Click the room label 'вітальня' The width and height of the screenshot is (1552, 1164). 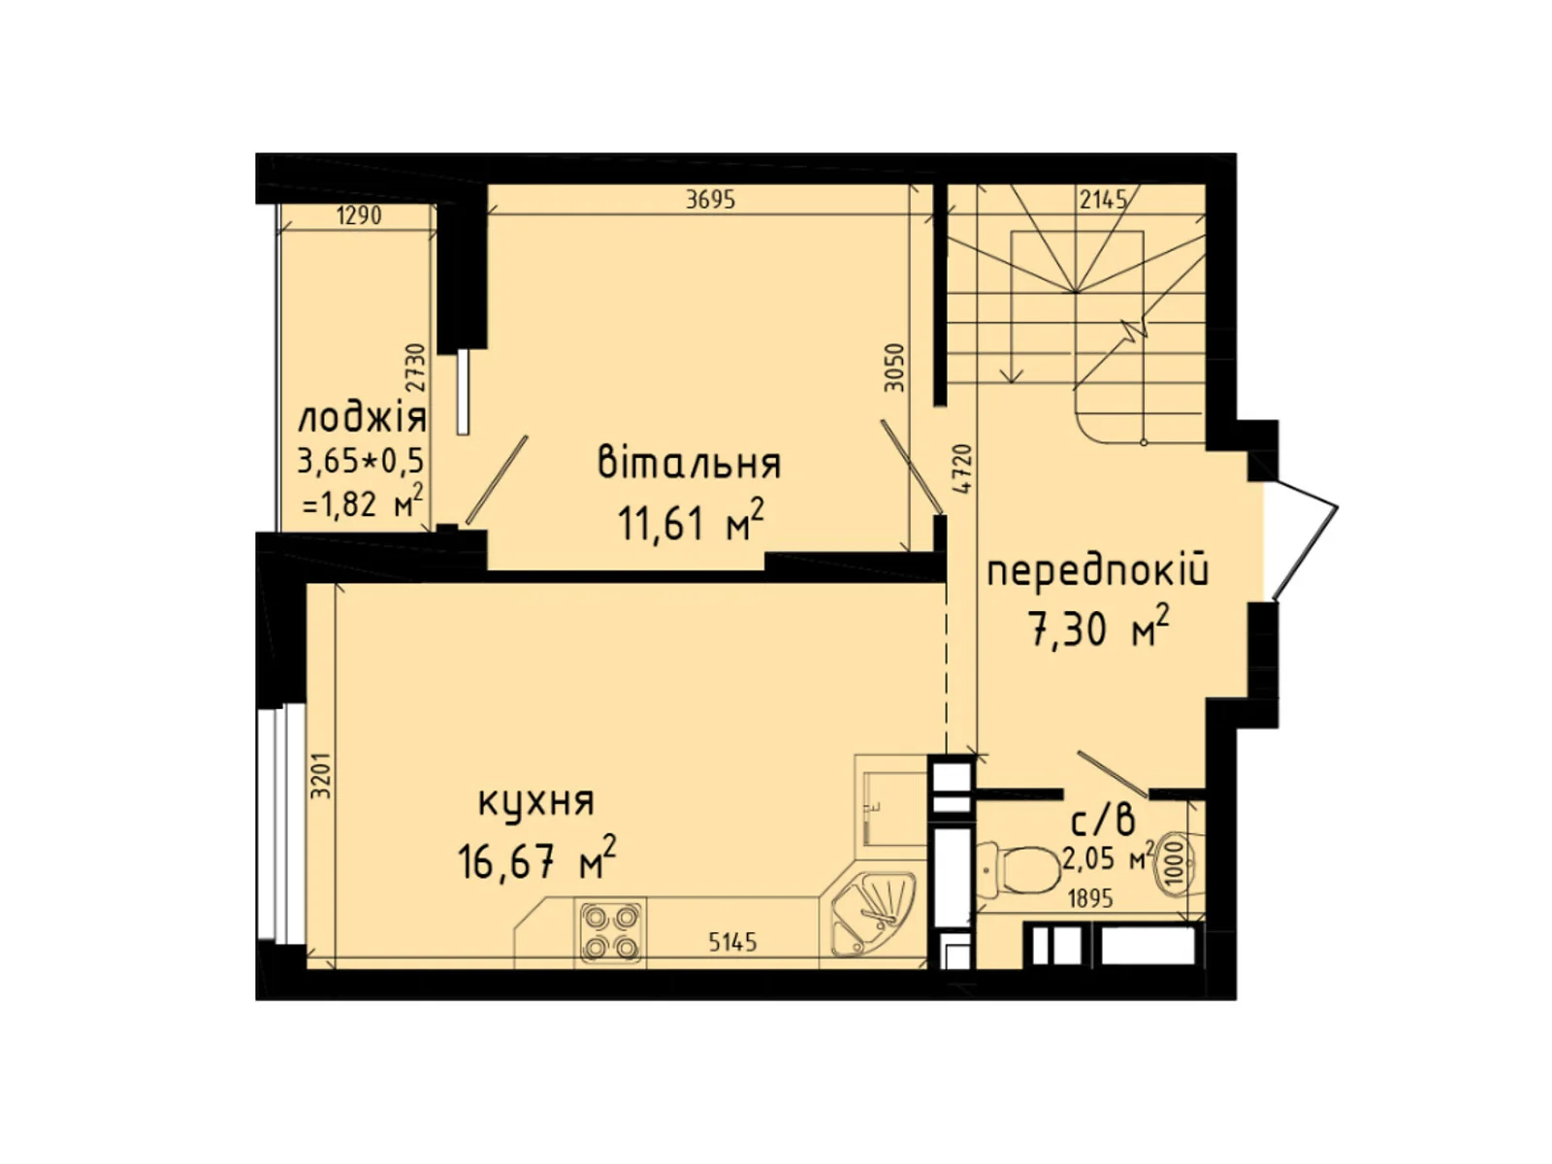pos(689,464)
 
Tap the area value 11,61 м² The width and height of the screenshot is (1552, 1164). pos(690,524)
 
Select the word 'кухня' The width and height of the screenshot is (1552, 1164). pos(535,802)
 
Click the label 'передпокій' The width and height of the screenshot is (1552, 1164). pos(1097,572)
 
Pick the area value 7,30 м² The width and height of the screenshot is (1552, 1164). pos(1097,630)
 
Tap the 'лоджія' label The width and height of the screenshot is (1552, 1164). pos(361,419)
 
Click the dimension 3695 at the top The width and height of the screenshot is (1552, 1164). pos(710,200)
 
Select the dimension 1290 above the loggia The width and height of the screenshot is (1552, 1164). pos(358,215)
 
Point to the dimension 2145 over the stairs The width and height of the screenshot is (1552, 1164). pos(1104,200)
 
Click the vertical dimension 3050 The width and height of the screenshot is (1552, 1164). pos(895,368)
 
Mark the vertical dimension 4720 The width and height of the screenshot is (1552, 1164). pos(961,469)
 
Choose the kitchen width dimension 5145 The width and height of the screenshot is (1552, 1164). pos(732,942)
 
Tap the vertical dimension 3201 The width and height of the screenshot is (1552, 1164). pos(321,776)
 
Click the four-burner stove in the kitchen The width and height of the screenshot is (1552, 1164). pos(610,931)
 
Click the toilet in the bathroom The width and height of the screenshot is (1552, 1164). pos(1018,870)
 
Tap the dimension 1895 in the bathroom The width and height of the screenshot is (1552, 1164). pos(1090,899)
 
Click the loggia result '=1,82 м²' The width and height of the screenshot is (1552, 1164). pos(362,502)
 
